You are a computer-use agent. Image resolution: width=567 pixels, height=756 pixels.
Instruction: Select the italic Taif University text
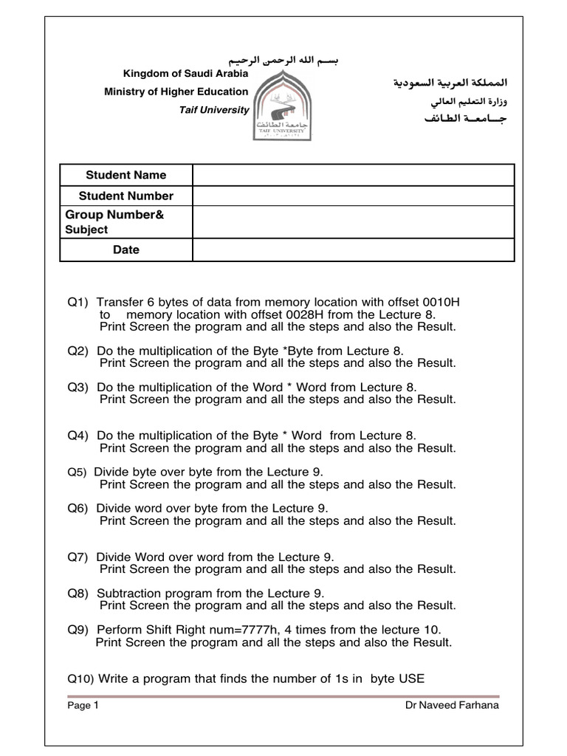(x=213, y=109)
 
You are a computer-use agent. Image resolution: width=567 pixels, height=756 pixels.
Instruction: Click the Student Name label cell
(x=126, y=175)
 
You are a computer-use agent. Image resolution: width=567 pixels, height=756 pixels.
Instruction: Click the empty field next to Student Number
(x=353, y=196)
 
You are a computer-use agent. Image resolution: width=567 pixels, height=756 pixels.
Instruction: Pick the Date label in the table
(x=126, y=250)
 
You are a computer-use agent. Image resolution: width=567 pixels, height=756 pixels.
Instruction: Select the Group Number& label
(x=115, y=214)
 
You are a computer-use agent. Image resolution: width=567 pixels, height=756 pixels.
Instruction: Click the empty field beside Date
(x=353, y=250)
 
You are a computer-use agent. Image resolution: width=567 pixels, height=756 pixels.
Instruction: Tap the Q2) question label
(x=78, y=351)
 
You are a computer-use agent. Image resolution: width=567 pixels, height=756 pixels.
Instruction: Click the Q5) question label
(x=78, y=472)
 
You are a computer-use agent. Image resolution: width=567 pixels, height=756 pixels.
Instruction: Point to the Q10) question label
(x=81, y=678)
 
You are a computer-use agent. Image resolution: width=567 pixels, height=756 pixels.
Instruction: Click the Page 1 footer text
(x=83, y=705)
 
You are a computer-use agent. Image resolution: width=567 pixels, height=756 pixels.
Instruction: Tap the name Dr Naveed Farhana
(x=452, y=705)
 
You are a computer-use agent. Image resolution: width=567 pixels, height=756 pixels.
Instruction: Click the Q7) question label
(x=78, y=557)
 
